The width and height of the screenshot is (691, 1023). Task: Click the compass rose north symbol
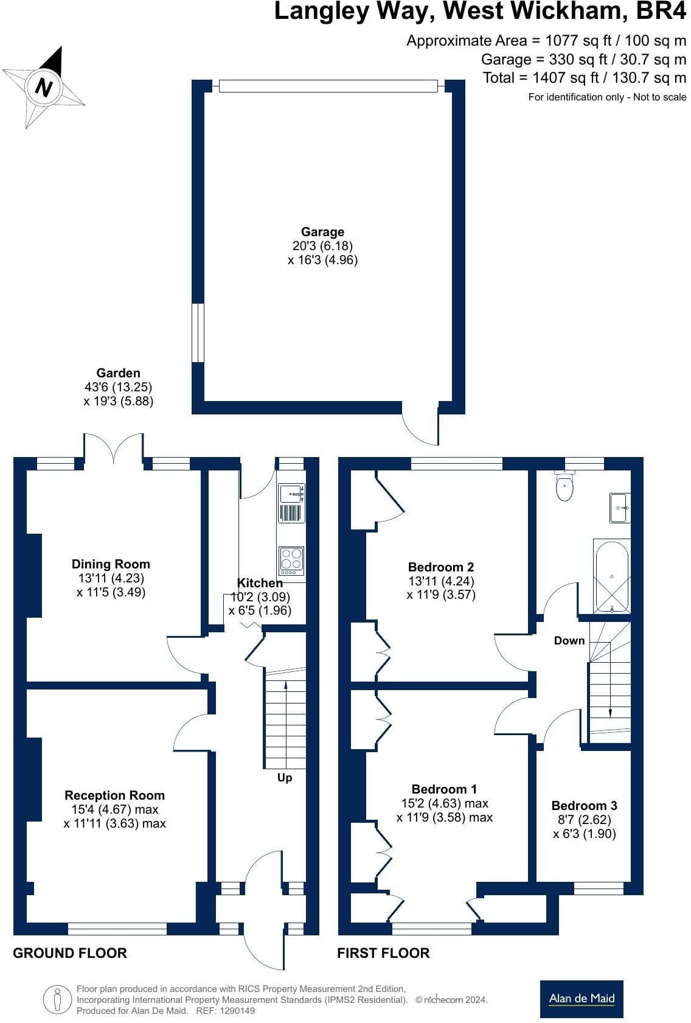44,86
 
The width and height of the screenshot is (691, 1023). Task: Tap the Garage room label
322,232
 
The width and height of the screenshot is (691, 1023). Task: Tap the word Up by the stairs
285,778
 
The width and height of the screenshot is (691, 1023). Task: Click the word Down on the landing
569,640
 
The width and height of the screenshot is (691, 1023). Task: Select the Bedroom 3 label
584,806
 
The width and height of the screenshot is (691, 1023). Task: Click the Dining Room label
111,564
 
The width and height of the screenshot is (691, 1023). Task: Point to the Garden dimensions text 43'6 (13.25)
118,387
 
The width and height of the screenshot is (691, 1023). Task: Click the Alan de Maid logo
582,999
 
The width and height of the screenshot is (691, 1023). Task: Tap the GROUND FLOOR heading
70,953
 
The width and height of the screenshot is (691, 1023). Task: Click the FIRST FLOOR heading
383,953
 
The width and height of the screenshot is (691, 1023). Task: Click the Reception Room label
115,795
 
